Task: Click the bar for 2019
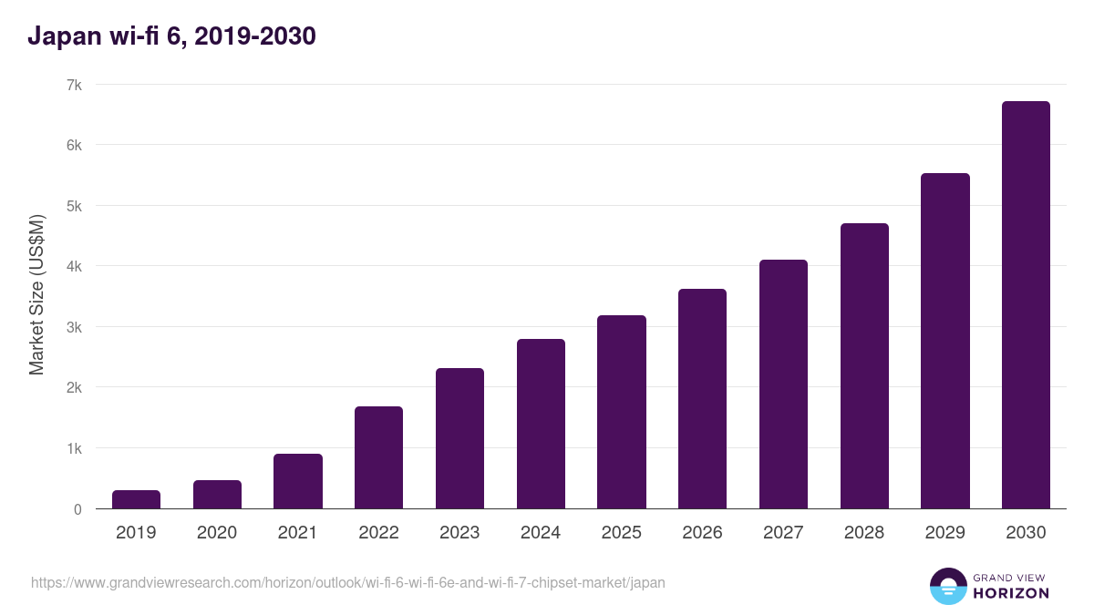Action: tap(136, 499)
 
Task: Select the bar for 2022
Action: tap(378, 457)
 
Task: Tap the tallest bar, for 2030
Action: tap(1026, 305)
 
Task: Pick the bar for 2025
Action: tap(621, 412)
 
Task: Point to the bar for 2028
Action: tap(864, 366)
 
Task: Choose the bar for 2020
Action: tap(217, 495)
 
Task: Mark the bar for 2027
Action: tap(783, 384)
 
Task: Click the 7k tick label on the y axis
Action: tap(74, 85)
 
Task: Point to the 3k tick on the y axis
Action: tap(74, 327)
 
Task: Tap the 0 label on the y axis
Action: tap(78, 509)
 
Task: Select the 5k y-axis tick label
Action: tap(74, 206)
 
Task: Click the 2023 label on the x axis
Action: tap(459, 533)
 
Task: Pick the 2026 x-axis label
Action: tap(702, 533)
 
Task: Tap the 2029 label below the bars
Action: tap(944, 533)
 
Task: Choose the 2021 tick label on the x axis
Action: tap(297, 533)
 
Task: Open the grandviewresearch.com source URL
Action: tap(347, 582)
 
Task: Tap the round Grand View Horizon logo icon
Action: tap(947, 586)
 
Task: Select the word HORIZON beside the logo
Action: tap(1011, 593)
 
